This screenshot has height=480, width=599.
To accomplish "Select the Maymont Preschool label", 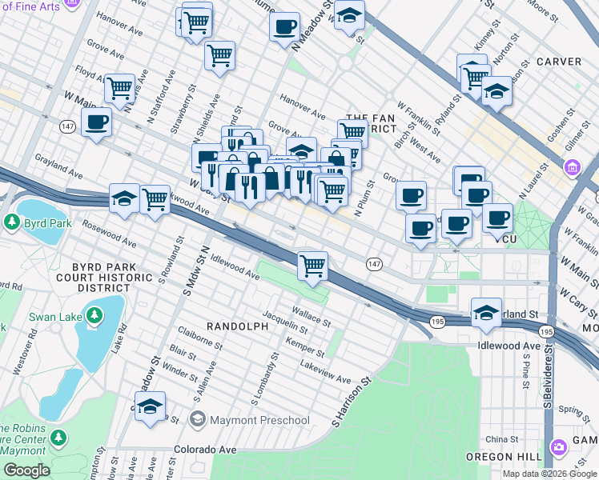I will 259,420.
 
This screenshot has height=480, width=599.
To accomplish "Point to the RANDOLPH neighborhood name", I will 236,326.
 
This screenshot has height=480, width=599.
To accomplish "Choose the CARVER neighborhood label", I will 559,62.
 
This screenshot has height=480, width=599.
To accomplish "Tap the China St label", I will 502,439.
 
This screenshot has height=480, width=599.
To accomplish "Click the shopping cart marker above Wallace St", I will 312,265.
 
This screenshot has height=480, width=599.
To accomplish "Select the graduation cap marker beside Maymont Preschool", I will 150,406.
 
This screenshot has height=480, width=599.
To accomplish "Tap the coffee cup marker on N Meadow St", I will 283,27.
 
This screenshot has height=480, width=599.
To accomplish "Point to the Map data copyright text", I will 549,474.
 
